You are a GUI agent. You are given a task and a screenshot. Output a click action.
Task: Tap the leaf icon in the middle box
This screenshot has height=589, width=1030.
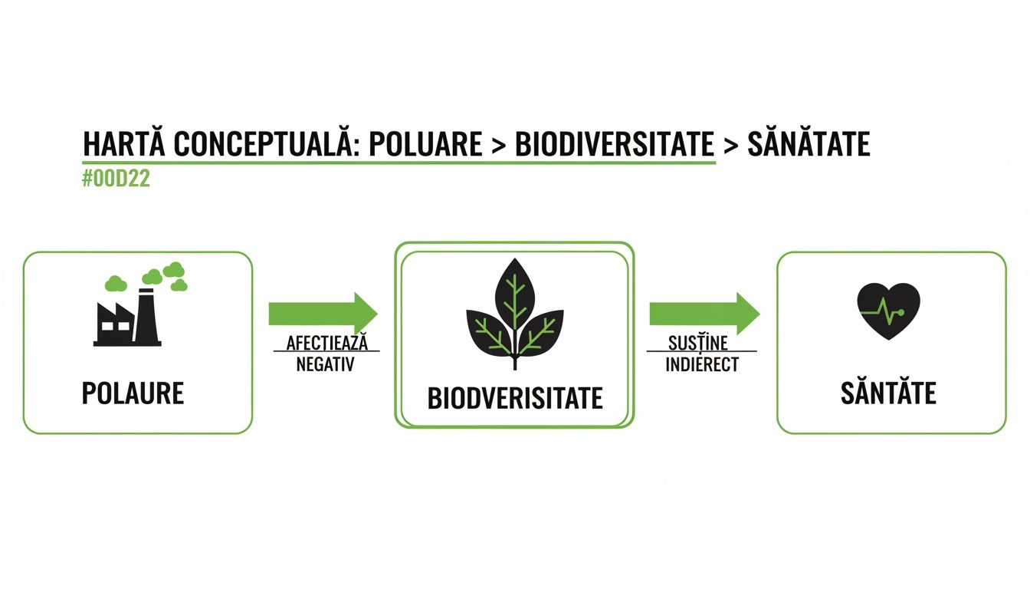click(514, 314)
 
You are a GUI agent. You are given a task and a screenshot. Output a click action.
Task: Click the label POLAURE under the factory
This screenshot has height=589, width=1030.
click(133, 393)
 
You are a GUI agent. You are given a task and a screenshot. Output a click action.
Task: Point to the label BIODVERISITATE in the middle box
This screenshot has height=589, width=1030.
click(514, 398)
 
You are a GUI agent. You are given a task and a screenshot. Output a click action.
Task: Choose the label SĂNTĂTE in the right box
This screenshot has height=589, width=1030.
click(888, 393)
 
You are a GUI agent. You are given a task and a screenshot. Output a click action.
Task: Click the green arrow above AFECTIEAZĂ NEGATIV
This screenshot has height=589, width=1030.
click(323, 314)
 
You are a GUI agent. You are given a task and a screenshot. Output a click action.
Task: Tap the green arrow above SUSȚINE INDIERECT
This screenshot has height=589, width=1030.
click(704, 314)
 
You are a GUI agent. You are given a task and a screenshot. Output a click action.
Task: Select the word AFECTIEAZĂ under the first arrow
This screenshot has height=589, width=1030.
click(326, 343)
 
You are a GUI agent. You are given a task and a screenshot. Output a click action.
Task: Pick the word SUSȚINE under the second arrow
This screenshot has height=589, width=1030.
click(697, 343)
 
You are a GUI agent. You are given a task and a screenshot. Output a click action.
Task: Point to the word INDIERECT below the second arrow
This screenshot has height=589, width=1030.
click(701, 365)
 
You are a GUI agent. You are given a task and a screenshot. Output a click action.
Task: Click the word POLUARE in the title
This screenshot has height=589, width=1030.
click(425, 144)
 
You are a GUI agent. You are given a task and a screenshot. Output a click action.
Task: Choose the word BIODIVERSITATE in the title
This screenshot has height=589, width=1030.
click(615, 144)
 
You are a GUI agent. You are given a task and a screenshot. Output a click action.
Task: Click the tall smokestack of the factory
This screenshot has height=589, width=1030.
click(146, 316)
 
